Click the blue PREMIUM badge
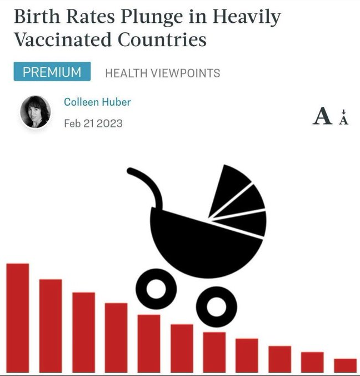pyautogui.click(x=51, y=72)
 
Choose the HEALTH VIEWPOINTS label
pyautogui.click(x=162, y=73)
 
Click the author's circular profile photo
pyautogui.click(x=36, y=112)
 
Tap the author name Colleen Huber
pyautogui.click(x=97, y=102)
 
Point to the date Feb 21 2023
pyautogui.click(x=93, y=123)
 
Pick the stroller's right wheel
pyautogui.click(x=216, y=306)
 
